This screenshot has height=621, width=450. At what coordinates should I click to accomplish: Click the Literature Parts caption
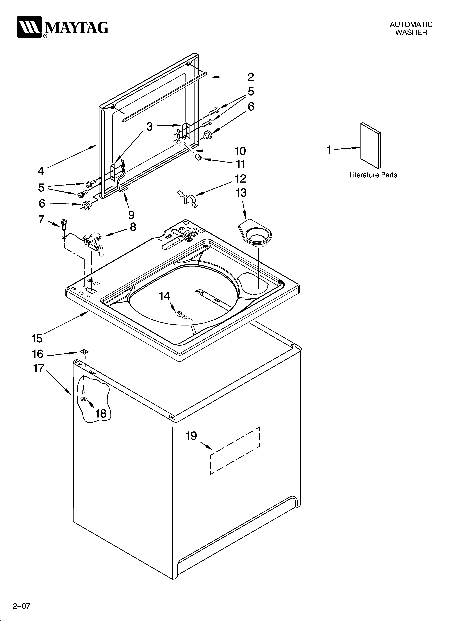[x=373, y=175]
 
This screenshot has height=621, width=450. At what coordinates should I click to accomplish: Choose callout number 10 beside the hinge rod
[x=240, y=151]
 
